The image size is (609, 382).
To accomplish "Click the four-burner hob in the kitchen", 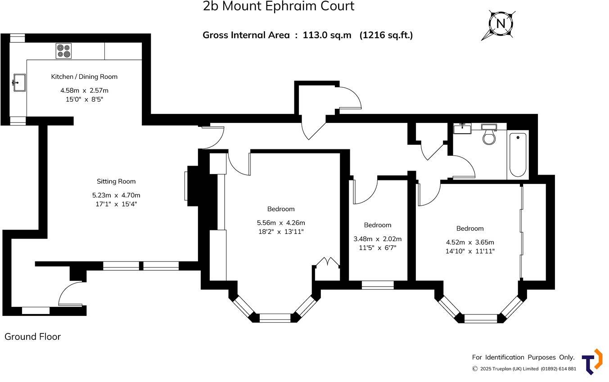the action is (63, 51).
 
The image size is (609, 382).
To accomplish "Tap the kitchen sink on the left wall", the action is (19, 83).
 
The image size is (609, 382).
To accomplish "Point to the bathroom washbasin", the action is (462, 129).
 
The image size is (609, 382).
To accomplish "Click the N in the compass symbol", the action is (501, 24).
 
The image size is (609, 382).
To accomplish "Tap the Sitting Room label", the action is (116, 181).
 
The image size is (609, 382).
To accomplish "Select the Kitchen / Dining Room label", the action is (84, 76).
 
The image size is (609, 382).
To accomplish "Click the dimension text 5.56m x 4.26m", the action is (281, 223).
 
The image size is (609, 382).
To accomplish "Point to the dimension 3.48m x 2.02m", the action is (377, 239).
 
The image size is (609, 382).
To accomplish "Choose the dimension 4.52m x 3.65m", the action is (470, 242).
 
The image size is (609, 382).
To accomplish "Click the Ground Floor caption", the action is (32, 337).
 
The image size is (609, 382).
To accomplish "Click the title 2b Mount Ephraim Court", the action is (279, 6).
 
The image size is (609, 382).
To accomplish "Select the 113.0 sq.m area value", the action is (327, 35).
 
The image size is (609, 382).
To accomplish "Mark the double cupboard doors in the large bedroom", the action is (327, 262).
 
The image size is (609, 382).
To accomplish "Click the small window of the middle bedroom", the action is (378, 285).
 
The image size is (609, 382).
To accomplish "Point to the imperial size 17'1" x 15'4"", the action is (116, 204).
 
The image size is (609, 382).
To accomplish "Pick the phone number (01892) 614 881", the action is (559, 369).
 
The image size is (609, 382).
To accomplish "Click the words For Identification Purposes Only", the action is (523, 357).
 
